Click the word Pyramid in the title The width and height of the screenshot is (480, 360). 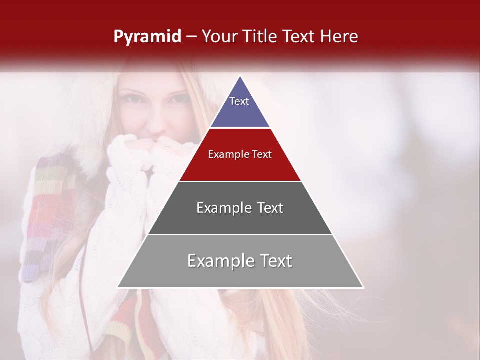(147, 36)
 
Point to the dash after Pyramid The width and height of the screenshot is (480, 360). (191, 37)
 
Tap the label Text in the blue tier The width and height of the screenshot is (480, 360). (239, 101)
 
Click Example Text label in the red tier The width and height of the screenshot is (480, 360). (240, 154)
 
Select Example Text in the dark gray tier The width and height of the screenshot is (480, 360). (240, 208)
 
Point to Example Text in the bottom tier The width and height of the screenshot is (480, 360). (240, 261)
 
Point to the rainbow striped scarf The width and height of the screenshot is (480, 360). (47, 215)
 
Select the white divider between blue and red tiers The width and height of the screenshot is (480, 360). (240, 128)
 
